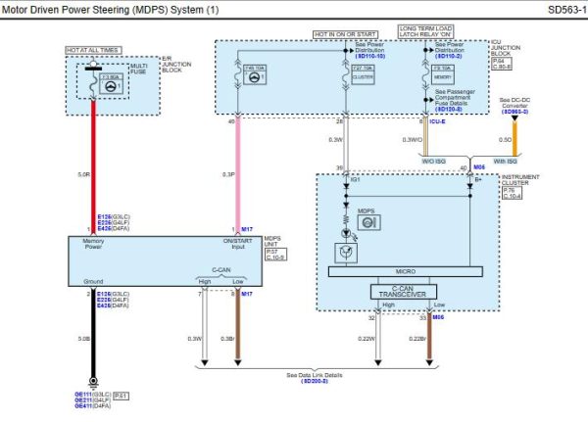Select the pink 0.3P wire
[x=234, y=176]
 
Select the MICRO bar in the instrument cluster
[x=403, y=272]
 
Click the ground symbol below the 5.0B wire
[x=93, y=384]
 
